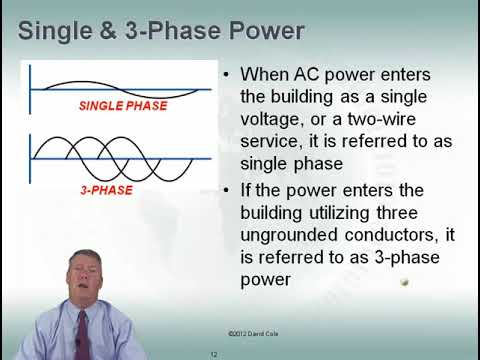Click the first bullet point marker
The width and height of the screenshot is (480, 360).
click(x=229, y=75)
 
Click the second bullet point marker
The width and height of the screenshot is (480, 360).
click(x=229, y=190)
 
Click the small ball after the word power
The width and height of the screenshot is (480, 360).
click(x=405, y=282)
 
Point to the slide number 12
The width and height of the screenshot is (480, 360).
click(x=214, y=354)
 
